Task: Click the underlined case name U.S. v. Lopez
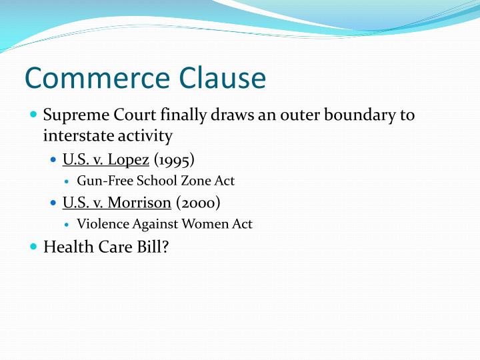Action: point(105,160)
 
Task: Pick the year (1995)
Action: point(174,160)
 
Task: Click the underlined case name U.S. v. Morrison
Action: point(117,203)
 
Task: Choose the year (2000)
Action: point(199,203)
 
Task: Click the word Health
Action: point(64,247)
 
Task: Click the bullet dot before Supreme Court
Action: point(34,115)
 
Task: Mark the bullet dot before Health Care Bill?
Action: point(34,247)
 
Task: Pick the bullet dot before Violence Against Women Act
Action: point(69,224)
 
